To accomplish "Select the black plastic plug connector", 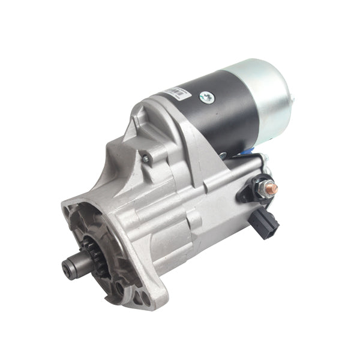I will click(x=267, y=217).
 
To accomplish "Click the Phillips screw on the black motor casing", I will click(x=206, y=96).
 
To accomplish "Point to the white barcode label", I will click(x=175, y=92).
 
